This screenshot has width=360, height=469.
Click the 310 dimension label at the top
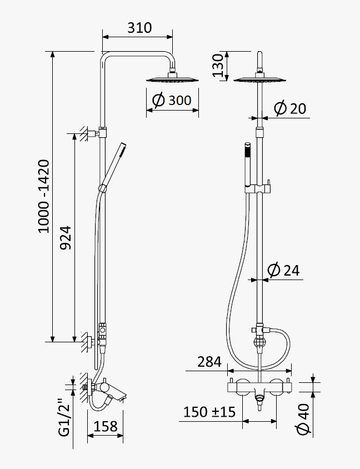pyautogui.click(x=139, y=28)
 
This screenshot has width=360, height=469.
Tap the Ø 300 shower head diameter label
pyautogui.click(x=172, y=100)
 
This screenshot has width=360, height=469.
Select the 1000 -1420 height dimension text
pyautogui.click(x=44, y=197)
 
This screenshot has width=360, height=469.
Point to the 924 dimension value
pyautogui.click(x=66, y=238)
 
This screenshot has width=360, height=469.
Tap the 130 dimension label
pyautogui.click(x=218, y=65)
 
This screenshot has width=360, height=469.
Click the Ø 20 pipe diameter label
pyautogui.click(x=290, y=108)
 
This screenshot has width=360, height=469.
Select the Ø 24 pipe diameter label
pyautogui.click(x=283, y=270)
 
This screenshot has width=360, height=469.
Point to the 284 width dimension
pyautogui.click(x=209, y=362)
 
